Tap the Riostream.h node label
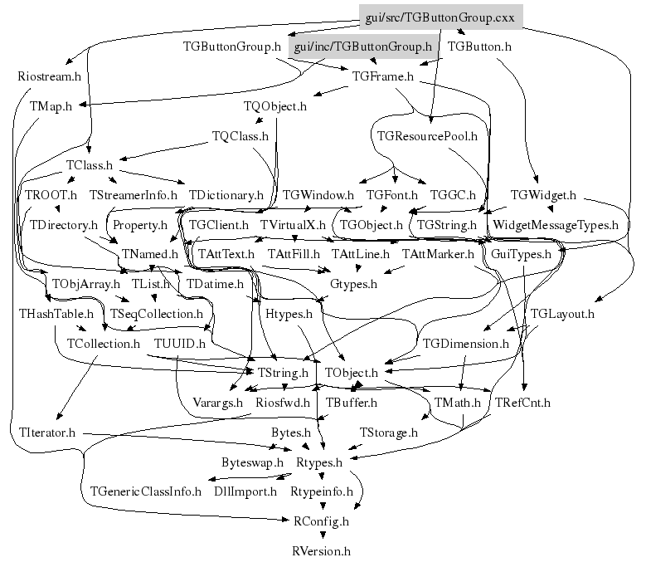point(49,77)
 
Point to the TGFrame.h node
point(382,77)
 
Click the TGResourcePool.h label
point(427,135)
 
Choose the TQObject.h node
point(275,106)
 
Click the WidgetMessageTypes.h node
point(556,224)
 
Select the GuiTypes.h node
point(522,254)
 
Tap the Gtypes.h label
point(354,284)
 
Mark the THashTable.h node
point(49,314)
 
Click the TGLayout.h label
point(562,314)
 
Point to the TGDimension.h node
point(465,343)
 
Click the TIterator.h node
point(47,433)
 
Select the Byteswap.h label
point(252,462)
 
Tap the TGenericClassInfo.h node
point(146,491)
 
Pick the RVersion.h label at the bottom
point(322,550)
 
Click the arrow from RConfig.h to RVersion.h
point(322,535)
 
